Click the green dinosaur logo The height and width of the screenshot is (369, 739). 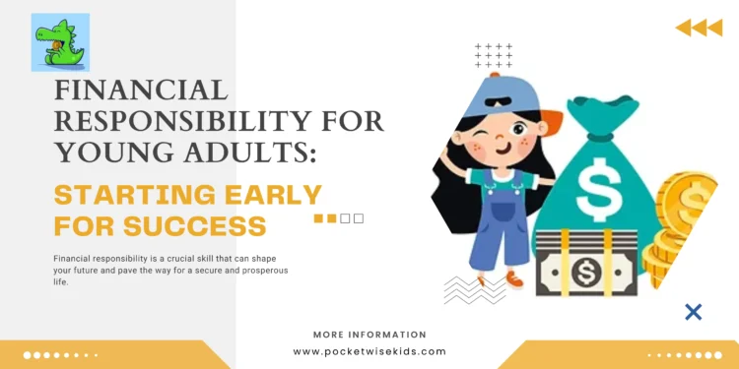click(60, 42)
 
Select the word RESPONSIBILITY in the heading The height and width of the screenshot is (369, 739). click(167, 122)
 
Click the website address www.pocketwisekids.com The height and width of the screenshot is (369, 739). click(369, 351)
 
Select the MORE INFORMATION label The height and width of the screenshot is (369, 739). click(369, 335)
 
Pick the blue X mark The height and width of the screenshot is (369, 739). click(694, 312)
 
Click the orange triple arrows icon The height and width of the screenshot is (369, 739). click(699, 28)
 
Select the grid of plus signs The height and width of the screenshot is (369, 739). click(494, 57)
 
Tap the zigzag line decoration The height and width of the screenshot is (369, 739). click(475, 288)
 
